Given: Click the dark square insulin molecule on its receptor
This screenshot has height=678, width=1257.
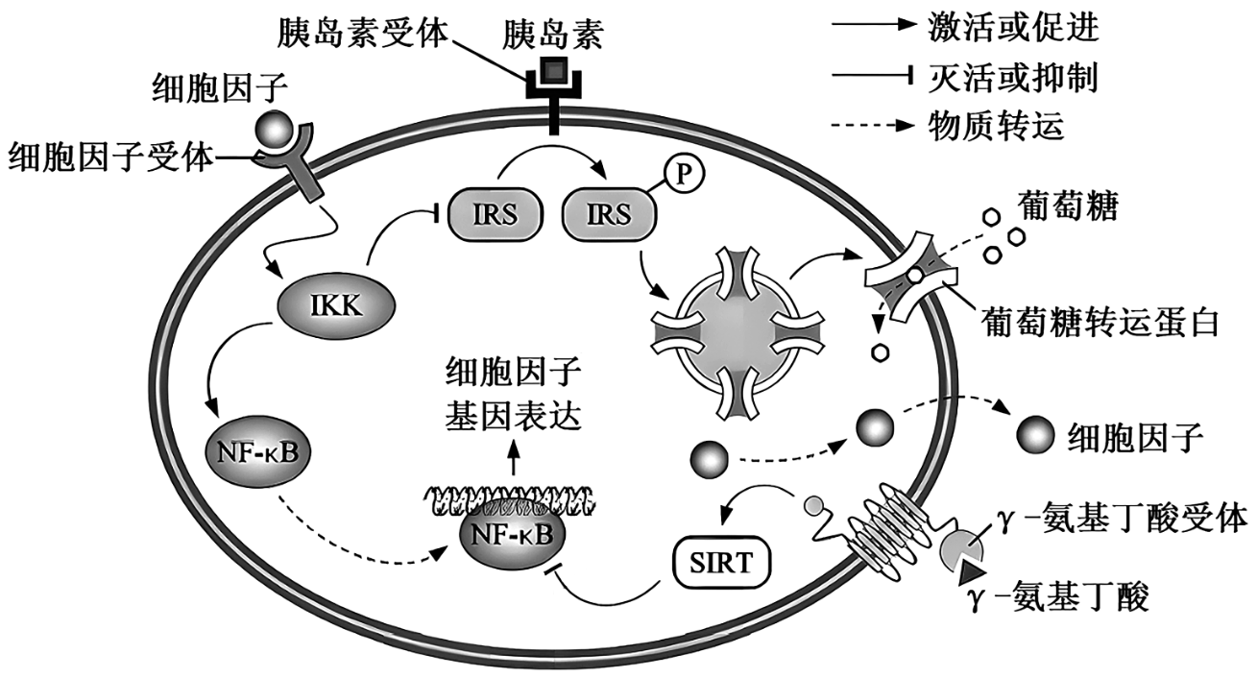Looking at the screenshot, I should tap(553, 70).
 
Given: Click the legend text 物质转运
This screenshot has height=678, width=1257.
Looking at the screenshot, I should tap(997, 125).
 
